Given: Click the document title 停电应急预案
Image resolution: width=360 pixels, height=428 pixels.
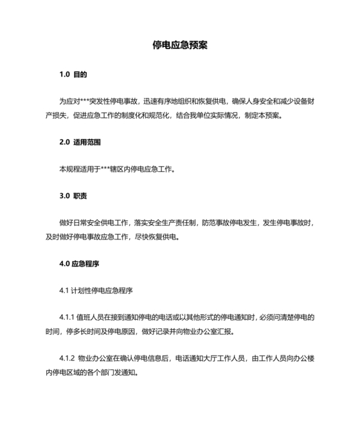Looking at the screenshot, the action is [179, 46].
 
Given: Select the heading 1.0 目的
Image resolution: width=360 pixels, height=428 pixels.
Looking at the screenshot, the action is [73, 75].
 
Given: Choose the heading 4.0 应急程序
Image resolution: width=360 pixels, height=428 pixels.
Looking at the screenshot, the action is [79, 263].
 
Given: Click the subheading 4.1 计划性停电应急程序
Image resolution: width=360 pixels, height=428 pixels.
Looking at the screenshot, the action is [96, 290].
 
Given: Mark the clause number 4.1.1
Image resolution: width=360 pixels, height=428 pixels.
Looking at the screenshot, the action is [67, 317].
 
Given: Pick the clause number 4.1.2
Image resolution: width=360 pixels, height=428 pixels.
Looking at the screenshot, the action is [67, 359].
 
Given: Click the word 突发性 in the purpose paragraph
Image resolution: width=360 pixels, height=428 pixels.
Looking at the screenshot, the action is [104, 101].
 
